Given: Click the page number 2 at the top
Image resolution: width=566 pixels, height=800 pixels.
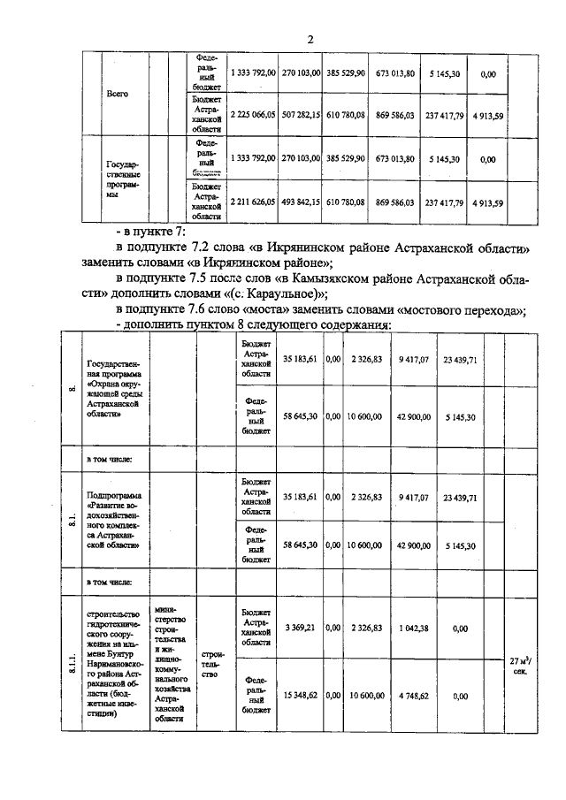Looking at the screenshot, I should click(x=311, y=40).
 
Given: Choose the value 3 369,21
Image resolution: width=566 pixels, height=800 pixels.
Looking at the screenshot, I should click(x=301, y=629).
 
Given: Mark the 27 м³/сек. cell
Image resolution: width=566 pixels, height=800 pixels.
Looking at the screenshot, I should click(x=520, y=665).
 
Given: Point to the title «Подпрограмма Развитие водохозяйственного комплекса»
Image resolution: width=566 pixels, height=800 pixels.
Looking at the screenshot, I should click(x=118, y=521).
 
